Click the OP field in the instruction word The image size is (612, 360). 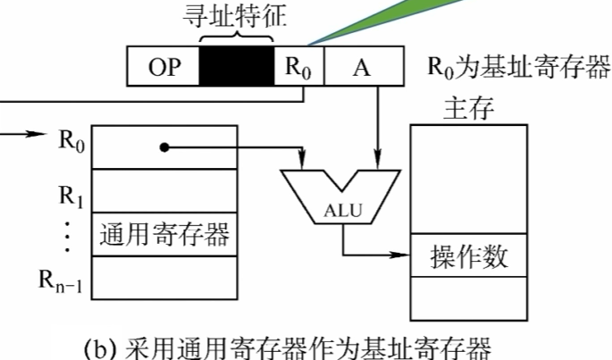click(x=163, y=68)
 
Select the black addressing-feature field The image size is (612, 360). click(x=237, y=68)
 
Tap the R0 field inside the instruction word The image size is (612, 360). click(x=298, y=68)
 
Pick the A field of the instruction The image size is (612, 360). click(x=361, y=68)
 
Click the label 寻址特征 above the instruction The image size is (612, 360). click(x=236, y=15)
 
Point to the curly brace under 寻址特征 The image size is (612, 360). click(x=236, y=37)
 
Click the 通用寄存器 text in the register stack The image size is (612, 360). click(x=165, y=235)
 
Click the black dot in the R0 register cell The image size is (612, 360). click(x=164, y=147)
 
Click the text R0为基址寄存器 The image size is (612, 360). click(x=517, y=67)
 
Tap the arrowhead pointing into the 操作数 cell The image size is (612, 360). click(x=403, y=255)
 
